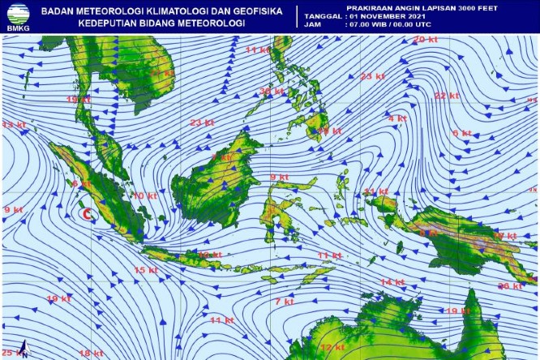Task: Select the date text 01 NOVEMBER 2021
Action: (386, 15)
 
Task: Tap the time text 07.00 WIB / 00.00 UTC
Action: (393, 25)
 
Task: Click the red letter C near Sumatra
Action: (88, 214)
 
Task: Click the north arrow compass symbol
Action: (24, 347)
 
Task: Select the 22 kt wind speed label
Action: (447, 96)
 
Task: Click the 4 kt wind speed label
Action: (396, 118)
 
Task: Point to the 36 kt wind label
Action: (272, 92)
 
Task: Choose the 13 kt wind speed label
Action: (12, 126)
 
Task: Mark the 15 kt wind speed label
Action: (146, 270)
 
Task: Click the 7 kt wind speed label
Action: (284, 302)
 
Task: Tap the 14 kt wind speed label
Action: (392, 281)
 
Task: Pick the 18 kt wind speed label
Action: (91, 354)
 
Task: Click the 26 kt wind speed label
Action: (510, 286)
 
